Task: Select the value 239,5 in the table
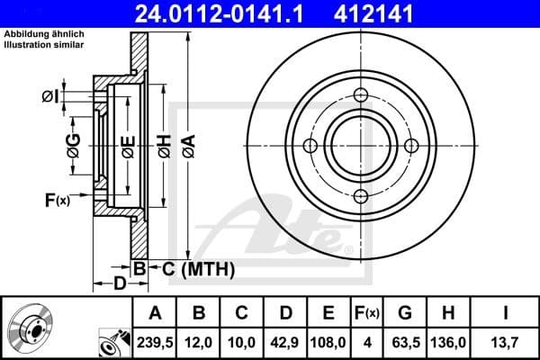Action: [157, 341]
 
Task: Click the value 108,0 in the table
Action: [327, 341]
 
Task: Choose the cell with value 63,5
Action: [405, 341]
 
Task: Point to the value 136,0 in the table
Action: [447, 341]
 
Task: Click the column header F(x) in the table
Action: [365, 314]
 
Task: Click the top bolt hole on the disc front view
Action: [361, 96]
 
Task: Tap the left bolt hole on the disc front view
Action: [310, 147]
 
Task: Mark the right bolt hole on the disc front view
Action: [411, 147]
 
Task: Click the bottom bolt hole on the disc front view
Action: [361, 197]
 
